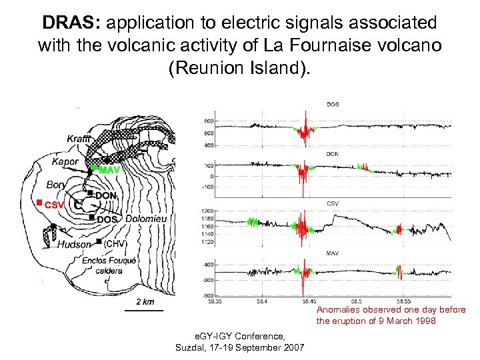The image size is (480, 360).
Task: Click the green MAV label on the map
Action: click(x=109, y=170)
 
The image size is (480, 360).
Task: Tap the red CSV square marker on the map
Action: click(x=40, y=201)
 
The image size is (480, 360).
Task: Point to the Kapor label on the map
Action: click(x=64, y=161)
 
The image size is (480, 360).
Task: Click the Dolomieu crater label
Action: click(x=146, y=219)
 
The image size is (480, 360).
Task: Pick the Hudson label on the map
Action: click(x=73, y=245)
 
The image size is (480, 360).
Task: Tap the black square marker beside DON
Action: click(x=91, y=193)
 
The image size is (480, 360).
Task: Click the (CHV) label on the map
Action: click(x=116, y=244)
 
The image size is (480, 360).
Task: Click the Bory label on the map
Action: click(x=57, y=184)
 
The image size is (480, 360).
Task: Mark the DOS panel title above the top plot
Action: click(x=332, y=105)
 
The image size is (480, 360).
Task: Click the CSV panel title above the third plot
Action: click(x=332, y=203)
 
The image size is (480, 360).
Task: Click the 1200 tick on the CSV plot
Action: click(x=207, y=211)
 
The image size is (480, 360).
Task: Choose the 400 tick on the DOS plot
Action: click(x=208, y=145)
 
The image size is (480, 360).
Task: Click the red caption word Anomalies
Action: click(x=338, y=310)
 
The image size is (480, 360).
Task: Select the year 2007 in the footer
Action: click(x=293, y=348)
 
